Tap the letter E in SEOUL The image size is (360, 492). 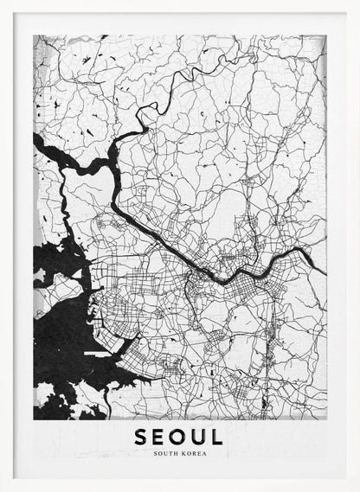pos(159,437)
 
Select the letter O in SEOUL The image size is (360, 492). pos(179,437)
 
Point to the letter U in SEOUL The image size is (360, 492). pos(199,437)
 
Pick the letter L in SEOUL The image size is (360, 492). pos(217,437)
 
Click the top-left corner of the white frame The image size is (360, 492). pos(2,2)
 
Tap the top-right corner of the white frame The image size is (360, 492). pos(357,2)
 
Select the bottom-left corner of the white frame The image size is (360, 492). pos(2,489)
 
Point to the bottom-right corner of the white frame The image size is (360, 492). pos(357,489)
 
